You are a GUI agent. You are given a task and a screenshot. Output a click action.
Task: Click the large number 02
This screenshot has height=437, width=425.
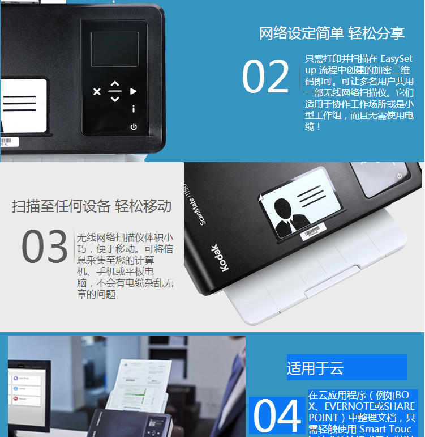pos(265,77)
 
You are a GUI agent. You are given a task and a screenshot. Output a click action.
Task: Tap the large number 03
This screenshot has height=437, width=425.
pos(44,247)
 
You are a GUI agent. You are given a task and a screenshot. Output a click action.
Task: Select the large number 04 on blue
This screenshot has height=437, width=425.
pos(277,417)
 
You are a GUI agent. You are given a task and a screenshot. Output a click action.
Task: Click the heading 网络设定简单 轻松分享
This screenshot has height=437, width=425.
pos(332,33)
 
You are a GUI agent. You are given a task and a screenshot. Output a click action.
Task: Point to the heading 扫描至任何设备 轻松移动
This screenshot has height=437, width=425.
pos(92,206)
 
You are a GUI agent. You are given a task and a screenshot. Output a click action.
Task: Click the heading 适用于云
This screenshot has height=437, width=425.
pos(315,368)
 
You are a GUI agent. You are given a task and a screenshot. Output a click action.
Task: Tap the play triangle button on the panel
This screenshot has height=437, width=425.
pos(134,91)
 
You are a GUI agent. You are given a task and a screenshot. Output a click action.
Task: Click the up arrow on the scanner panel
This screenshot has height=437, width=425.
pos(115,83)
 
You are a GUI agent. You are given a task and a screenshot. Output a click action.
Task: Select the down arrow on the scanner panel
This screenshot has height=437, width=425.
pos(115,99)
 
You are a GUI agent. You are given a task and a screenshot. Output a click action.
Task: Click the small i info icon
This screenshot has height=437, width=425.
pos(134,109)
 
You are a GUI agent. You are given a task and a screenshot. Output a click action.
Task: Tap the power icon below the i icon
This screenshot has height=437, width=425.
pos(134,126)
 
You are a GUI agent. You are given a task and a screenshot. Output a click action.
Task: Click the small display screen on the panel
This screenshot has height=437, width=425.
pos(114,49)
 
